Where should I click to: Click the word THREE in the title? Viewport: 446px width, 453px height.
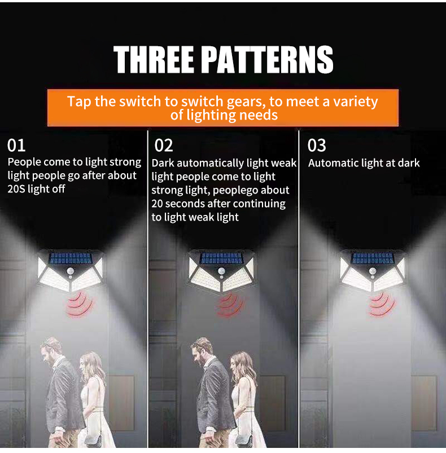(x=154, y=59)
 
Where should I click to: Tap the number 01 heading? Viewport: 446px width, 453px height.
(x=16, y=146)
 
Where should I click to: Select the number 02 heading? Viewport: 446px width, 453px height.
(x=164, y=146)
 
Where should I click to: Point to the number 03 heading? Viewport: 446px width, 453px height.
(x=317, y=146)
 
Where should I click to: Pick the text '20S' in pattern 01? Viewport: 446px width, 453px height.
(x=16, y=189)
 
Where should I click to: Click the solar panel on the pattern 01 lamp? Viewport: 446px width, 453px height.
(x=71, y=258)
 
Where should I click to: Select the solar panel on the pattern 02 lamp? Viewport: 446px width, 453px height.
(x=222, y=258)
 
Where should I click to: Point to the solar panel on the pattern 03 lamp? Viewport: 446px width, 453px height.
(x=373, y=258)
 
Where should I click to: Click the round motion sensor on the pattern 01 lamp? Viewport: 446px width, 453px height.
(x=71, y=271)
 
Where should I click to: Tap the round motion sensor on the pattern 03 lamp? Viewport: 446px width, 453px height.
(x=373, y=271)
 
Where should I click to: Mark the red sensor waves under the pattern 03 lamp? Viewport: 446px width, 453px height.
(x=382, y=305)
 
